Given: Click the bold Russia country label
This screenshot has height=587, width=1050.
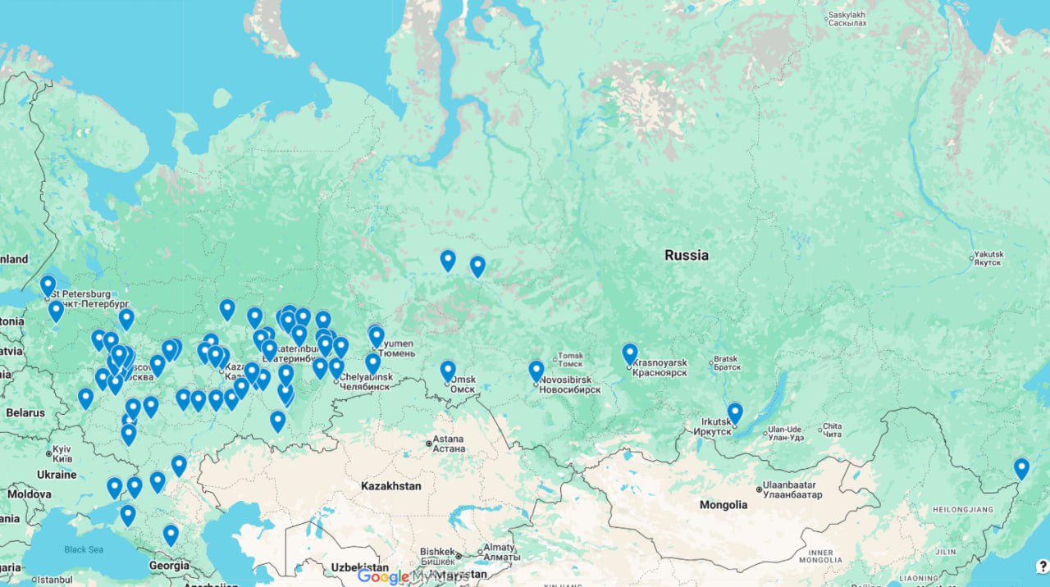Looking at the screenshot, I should (686, 255).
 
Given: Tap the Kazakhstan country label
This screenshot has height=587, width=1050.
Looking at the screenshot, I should (390, 486).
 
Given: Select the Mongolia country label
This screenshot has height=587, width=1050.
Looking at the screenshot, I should (723, 505).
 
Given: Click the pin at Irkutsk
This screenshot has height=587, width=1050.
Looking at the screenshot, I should (734, 412).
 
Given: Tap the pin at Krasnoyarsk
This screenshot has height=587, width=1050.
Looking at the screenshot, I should (629, 353).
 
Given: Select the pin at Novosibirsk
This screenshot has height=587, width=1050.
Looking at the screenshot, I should (536, 371).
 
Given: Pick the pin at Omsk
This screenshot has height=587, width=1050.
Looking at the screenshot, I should (447, 371).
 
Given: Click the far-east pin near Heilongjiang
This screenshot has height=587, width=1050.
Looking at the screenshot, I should (1020, 468).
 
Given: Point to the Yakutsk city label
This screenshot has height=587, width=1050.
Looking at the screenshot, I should (988, 258).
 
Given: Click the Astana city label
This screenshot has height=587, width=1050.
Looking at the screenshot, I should (448, 444).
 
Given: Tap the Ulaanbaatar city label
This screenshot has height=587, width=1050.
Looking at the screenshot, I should (792, 489).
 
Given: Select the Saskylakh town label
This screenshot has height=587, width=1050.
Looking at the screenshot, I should (847, 19).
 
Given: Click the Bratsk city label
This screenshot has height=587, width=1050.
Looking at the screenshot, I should (726, 362).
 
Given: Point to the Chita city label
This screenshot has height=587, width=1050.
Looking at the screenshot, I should (831, 430).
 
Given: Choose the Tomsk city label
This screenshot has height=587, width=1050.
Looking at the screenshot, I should (569, 361).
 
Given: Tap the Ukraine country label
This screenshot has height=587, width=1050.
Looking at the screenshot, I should (56, 475).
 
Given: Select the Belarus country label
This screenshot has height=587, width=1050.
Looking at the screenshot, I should (25, 412).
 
